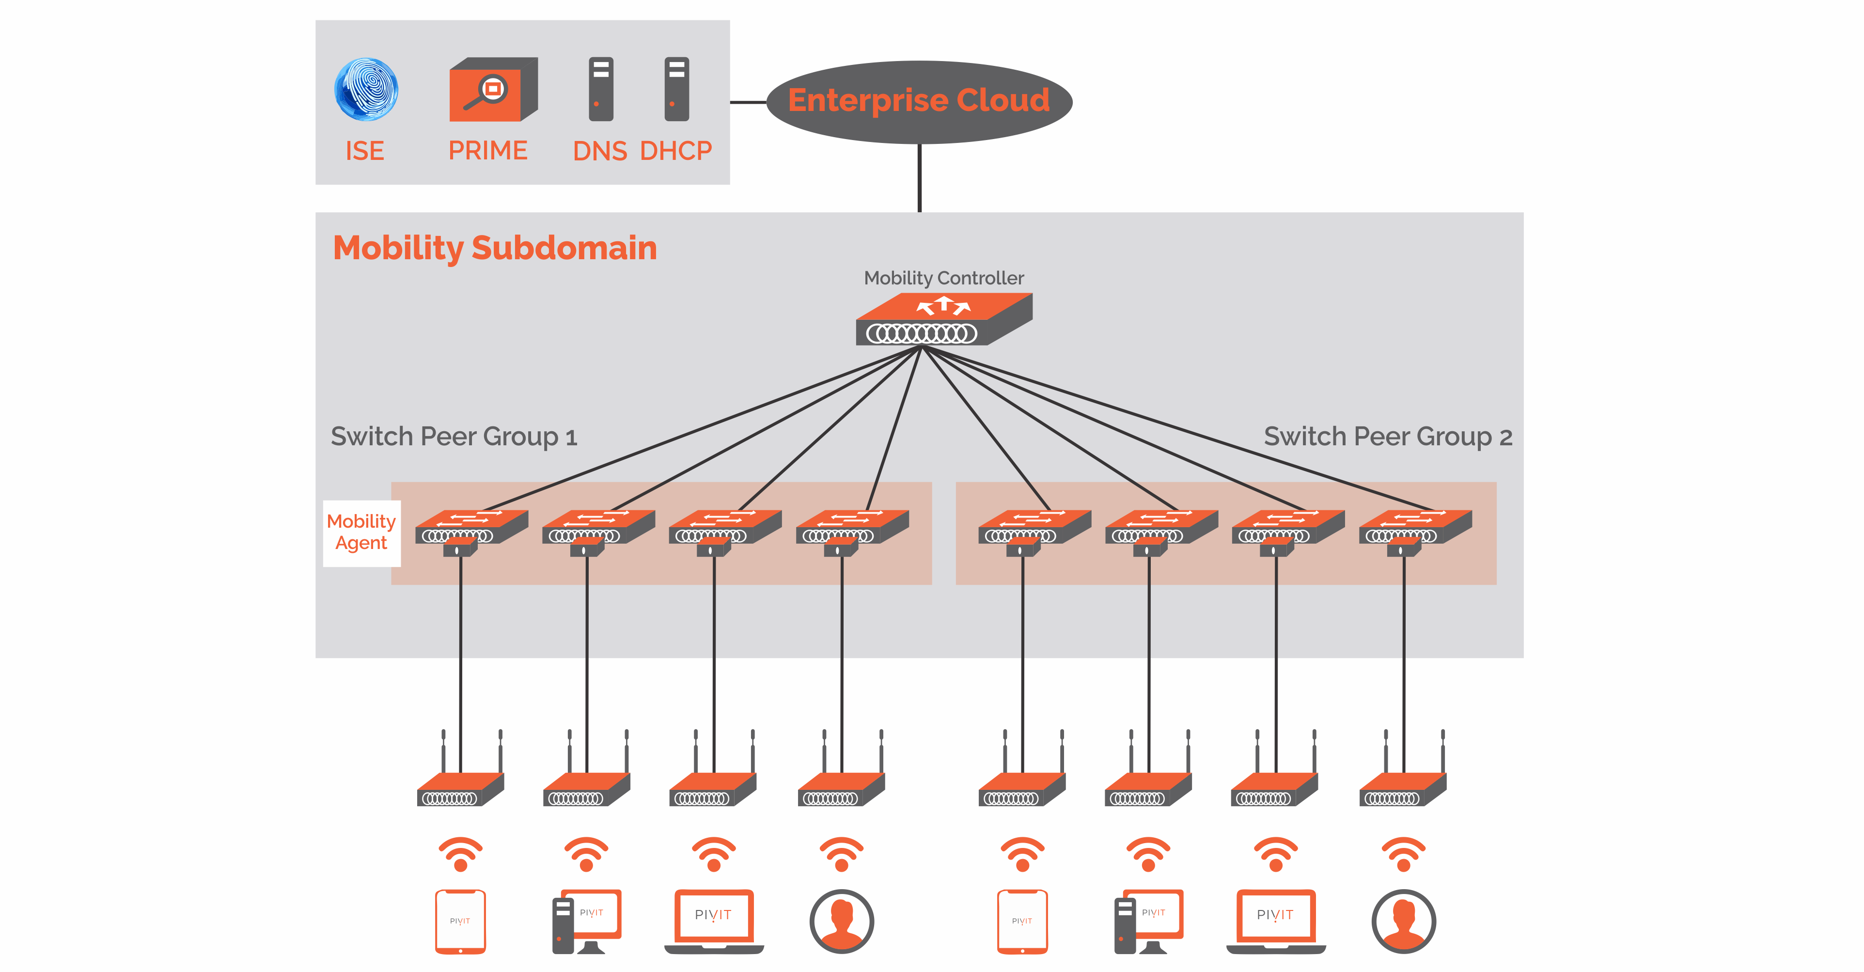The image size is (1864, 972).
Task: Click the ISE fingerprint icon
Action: (366, 89)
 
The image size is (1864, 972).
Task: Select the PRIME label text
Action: (488, 151)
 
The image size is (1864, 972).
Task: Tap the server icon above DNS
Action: (601, 89)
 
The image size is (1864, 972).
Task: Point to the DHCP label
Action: (676, 151)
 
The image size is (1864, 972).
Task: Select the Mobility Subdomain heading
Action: (495, 248)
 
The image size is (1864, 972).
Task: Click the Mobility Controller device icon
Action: (943, 319)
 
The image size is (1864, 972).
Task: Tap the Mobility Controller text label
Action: (943, 278)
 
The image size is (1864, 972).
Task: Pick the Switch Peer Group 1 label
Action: (454, 437)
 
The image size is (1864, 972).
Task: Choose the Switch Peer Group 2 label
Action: (1387, 437)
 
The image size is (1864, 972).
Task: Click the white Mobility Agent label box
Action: (361, 533)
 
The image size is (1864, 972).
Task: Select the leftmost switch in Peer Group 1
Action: (470, 528)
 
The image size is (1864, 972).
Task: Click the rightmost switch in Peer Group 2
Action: (1415, 528)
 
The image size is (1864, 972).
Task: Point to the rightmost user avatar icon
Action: (1403, 921)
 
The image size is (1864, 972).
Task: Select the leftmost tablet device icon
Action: (460, 921)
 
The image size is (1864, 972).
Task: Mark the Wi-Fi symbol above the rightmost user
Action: (1403, 855)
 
